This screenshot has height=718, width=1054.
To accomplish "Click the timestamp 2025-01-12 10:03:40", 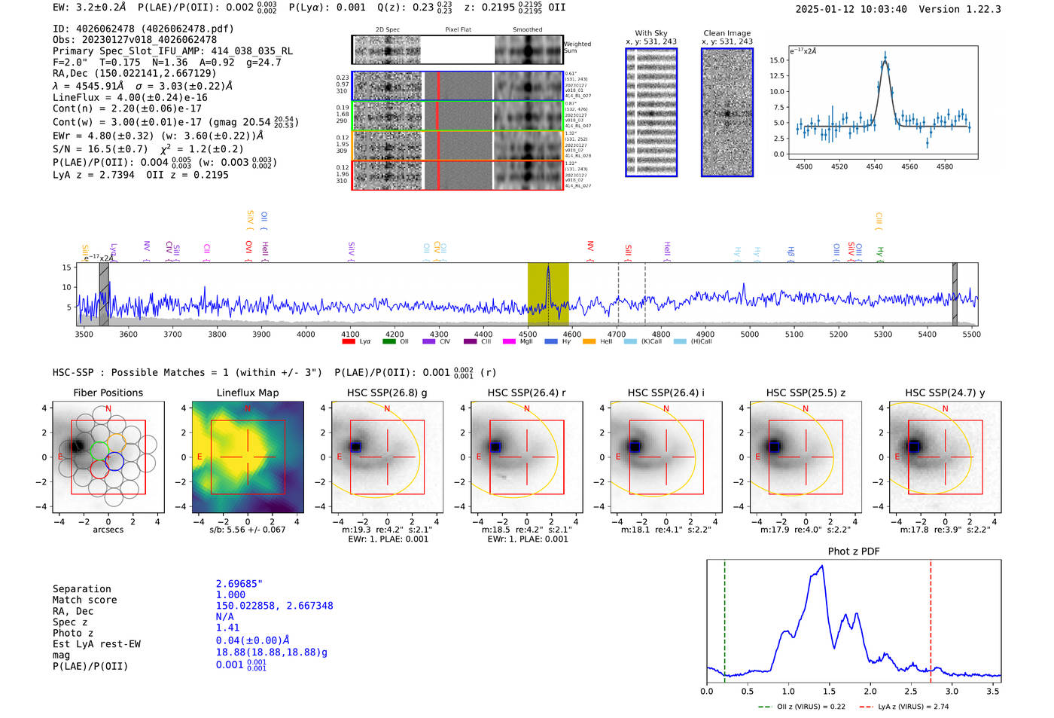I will (x=851, y=9).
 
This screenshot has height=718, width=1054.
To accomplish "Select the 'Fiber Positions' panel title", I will (x=108, y=393).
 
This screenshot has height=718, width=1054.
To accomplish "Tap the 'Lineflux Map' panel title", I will (x=248, y=393).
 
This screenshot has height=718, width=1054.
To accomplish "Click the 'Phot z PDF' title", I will (x=854, y=551).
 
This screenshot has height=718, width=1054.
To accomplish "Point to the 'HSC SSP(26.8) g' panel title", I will (x=387, y=393).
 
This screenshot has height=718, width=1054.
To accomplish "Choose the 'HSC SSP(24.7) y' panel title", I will (x=945, y=393).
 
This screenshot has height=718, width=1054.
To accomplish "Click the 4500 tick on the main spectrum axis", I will (x=528, y=335).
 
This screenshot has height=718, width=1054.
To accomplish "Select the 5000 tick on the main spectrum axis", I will (x=750, y=335).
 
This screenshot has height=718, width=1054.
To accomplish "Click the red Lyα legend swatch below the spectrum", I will (x=349, y=342).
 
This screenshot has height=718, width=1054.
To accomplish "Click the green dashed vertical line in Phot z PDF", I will (x=724, y=618).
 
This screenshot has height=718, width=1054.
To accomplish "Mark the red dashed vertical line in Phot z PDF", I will (x=931, y=618).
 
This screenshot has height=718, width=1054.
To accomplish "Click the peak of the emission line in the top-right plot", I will (x=885, y=56).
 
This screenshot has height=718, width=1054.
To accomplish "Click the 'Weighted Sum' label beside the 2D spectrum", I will (x=577, y=47).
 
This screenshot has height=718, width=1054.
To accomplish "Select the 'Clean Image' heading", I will (x=727, y=33).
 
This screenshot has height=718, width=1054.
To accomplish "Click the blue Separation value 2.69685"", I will (x=239, y=584).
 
